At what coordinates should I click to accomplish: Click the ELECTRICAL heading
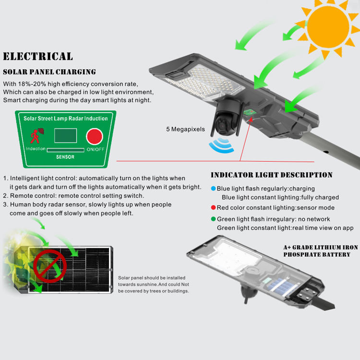[38, 57]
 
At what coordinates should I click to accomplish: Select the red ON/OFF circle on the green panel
[94, 136]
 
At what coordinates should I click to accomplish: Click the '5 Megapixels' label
[185, 129]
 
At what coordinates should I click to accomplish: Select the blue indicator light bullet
[213, 189]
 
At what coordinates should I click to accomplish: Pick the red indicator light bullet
[213, 208]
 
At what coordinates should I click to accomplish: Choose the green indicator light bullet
[213, 219]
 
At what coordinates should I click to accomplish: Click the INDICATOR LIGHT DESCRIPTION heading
[271, 175]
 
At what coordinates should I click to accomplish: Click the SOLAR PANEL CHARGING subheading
[49, 72]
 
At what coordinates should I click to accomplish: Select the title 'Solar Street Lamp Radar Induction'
[66, 118]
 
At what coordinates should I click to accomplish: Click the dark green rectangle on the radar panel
[65, 135]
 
